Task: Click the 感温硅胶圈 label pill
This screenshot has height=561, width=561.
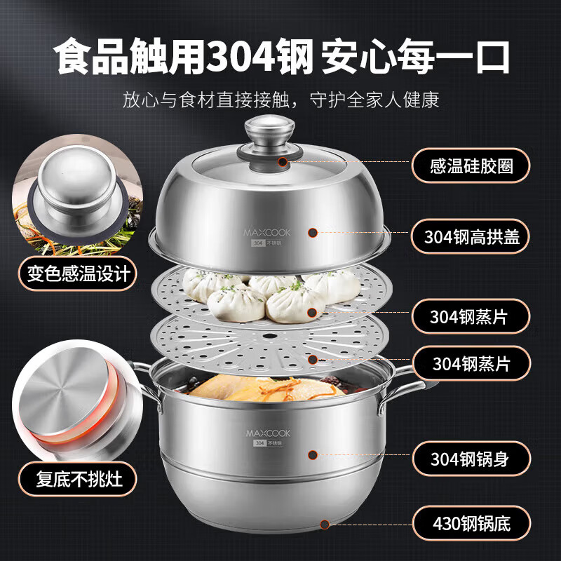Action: pos(471,165)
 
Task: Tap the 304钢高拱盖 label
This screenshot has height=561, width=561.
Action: pos(470,236)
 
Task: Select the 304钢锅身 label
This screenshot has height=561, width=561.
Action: pos(471,459)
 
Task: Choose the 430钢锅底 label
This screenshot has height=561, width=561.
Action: pos(471,523)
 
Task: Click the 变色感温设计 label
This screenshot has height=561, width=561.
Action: pos(77,273)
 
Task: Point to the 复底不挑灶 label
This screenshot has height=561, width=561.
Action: pos(78,479)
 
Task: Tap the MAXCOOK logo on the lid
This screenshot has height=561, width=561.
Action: pos(267,233)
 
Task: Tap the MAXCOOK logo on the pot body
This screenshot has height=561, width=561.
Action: pos(268,433)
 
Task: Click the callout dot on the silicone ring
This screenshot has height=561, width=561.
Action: pos(283,162)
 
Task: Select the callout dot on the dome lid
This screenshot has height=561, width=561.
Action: pos(313,233)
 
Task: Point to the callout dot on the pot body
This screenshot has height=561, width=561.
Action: pos(313,454)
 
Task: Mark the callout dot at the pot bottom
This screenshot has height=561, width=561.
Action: pos(325,525)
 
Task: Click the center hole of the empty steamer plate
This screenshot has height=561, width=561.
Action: pos(270,337)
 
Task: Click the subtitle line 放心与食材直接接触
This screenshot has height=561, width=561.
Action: pos(206,100)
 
